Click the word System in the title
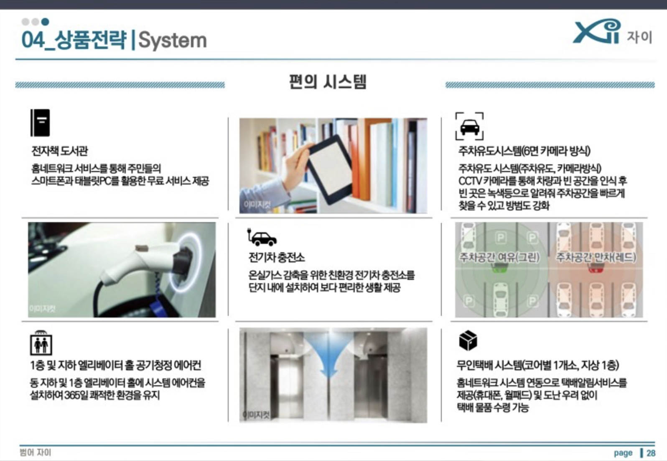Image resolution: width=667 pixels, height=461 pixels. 173,41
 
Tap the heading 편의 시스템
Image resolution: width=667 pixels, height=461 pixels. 328,82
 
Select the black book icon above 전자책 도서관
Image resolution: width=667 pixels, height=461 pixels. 40,123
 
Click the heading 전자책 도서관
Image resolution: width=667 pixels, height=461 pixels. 59,151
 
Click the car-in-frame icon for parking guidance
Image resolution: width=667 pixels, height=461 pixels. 470,126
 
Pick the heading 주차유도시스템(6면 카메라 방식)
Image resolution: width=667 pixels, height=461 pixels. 524,151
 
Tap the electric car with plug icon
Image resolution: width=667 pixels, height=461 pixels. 262,238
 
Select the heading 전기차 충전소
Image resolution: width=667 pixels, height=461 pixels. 277,257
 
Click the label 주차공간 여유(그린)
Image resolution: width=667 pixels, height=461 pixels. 499,257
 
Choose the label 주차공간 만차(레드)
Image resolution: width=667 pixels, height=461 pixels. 596,257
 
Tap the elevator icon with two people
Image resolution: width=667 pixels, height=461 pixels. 41,343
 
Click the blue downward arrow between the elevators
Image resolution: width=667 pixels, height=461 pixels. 328,356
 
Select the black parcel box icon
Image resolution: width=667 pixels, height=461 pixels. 468,341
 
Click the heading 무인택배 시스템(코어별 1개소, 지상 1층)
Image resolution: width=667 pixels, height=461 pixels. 538,365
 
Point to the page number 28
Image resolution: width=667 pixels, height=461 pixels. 651,453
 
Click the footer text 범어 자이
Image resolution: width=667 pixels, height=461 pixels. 36,452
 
